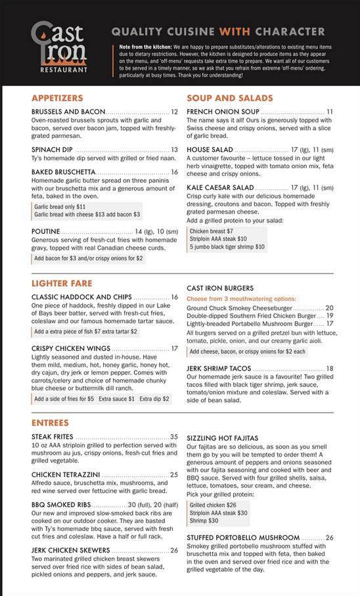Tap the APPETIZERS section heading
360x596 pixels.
pyautogui.click(x=57, y=98)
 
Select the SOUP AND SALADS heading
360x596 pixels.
pyautogui.click(x=230, y=98)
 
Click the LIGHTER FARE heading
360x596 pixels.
pyautogui.click(x=61, y=284)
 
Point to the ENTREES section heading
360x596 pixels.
pyautogui.click(x=50, y=422)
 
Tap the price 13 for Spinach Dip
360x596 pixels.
pyautogui.click(x=174, y=150)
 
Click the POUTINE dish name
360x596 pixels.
pyautogui.click(x=46, y=231)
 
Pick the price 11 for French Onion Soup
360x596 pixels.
pyautogui.click(x=330, y=112)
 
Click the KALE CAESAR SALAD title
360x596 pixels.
pyautogui.click(x=220, y=187)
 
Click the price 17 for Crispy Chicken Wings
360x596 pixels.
pyautogui.click(x=174, y=349)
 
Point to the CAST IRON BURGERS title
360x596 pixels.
pyautogui.click(x=220, y=288)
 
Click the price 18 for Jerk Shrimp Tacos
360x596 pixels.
pyautogui.click(x=330, y=369)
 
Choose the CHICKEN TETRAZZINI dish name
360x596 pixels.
pyautogui.click(x=66, y=474)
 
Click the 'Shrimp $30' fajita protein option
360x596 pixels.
pyautogui.click(x=204, y=520)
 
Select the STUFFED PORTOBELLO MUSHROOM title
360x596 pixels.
pyautogui.click(x=243, y=538)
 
